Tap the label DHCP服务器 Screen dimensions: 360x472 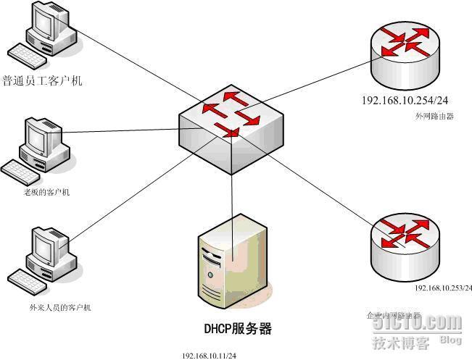(x=237, y=329)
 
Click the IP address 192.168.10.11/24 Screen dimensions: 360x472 (x=210, y=355)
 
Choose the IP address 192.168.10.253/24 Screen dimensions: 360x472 (x=443, y=288)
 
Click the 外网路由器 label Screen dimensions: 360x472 (x=434, y=116)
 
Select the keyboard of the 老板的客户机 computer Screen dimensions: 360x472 (x=20, y=171)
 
